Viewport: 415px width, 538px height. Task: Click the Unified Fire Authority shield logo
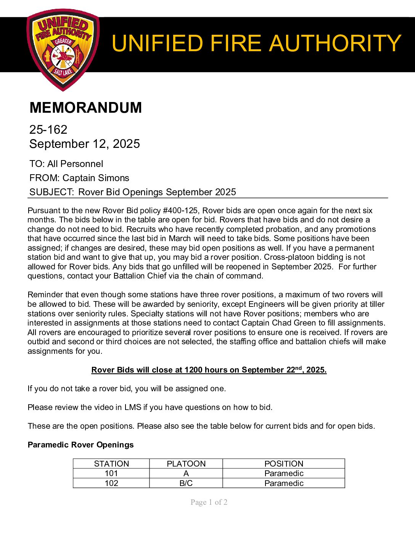click(x=63, y=50)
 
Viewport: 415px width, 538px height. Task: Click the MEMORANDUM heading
click(x=85, y=108)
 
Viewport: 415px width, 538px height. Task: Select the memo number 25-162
click(x=48, y=130)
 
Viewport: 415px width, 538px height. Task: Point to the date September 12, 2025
click(x=85, y=144)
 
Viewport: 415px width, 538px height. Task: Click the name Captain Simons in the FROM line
click(x=96, y=178)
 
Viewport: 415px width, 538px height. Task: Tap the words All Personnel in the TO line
click(x=75, y=164)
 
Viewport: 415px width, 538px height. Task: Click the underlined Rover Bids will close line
click(x=209, y=370)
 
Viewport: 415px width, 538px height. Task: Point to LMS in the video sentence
click(x=133, y=407)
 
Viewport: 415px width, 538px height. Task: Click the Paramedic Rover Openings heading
click(x=81, y=445)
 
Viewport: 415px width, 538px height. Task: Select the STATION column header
click(x=111, y=464)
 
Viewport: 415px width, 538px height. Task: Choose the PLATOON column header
click(x=186, y=464)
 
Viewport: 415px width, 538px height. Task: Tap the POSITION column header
click(x=284, y=464)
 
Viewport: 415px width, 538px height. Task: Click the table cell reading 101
click(x=111, y=473)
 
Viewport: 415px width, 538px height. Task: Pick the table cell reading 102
click(x=111, y=483)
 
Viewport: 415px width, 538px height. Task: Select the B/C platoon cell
click(x=186, y=483)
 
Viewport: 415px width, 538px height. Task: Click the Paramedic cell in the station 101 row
click(x=284, y=473)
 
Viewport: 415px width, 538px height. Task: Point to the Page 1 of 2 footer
click(x=209, y=502)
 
